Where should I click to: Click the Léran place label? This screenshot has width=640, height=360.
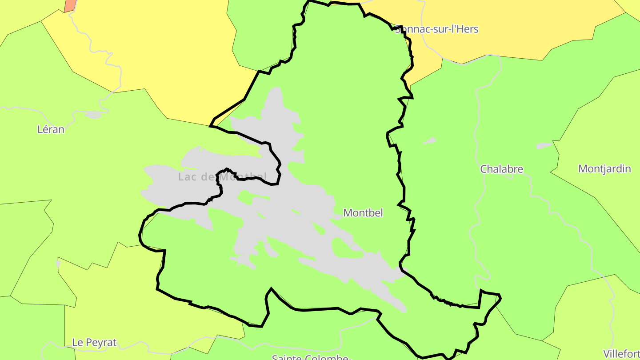tap(51, 129)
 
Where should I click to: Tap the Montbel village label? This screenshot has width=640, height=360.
tap(363, 213)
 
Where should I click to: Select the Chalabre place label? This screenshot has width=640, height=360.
tap(501, 169)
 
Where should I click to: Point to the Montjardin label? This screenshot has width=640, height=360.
tap(604, 169)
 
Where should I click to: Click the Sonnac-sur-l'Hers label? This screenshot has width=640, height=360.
tap(436, 29)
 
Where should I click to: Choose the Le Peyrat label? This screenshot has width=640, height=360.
tap(94, 343)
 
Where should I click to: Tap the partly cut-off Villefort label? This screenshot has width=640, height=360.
tap(621, 354)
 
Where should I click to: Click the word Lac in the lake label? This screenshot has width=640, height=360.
tap(187, 177)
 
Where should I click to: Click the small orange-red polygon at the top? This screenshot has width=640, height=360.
tap(70, 6)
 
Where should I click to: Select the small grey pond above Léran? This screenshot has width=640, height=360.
tap(94, 115)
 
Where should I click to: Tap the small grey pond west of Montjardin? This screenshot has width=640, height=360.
tap(544, 145)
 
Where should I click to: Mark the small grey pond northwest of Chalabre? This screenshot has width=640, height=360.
tap(430, 141)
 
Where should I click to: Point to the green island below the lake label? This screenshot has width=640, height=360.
tap(253, 197)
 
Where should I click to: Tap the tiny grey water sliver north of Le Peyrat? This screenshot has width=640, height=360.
tap(58, 264)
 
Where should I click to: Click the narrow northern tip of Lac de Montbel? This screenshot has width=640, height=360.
tap(276, 92)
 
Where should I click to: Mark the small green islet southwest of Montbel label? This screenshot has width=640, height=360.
tap(319, 228)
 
